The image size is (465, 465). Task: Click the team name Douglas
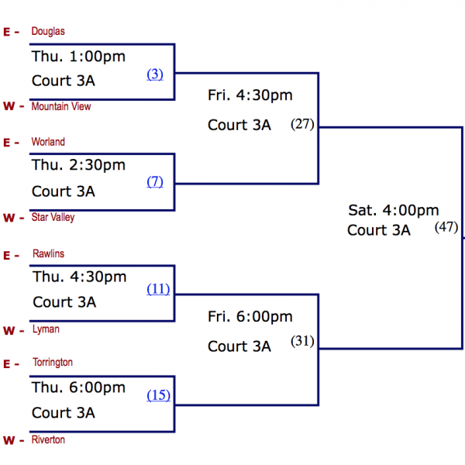(48, 32)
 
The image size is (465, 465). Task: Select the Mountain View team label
(61, 107)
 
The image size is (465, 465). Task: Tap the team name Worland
(48, 142)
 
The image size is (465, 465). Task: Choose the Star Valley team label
(53, 218)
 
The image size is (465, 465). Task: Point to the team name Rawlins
(49, 254)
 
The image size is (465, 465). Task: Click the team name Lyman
(46, 329)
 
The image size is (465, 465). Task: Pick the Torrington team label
(53, 363)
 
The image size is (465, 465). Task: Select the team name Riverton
(49, 440)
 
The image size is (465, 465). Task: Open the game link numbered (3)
(155, 74)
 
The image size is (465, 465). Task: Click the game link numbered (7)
(155, 181)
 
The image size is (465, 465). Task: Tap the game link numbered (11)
(158, 289)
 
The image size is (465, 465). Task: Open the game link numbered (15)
(158, 395)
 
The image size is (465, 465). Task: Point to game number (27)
(302, 124)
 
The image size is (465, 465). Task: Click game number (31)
(302, 341)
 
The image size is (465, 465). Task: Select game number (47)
(446, 227)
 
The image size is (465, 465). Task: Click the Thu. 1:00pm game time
(78, 57)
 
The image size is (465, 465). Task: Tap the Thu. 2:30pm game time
(78, 165)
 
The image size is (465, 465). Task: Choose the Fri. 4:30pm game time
(250, 95)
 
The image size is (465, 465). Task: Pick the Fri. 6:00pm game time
(250, 317)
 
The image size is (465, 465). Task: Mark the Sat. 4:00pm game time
(393, 210)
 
